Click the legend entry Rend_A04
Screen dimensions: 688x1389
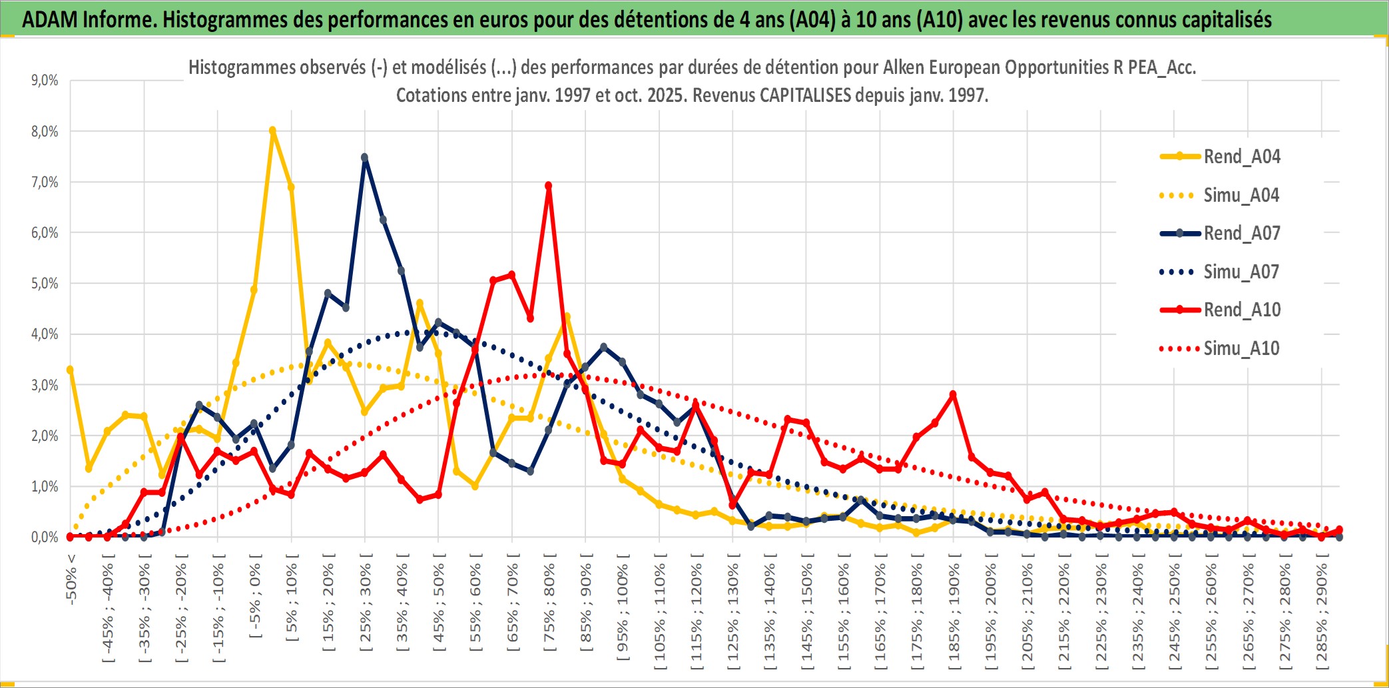pos(1241,157)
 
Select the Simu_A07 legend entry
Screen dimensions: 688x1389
pos(1241,272)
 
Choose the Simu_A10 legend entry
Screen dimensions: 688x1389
pos(1241,348)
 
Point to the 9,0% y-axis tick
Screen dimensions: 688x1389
pos(45,81)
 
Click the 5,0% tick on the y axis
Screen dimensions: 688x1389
pos(45,284)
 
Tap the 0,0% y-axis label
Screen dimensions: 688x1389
pos(45,537)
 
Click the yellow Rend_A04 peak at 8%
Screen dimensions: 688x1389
pos(272,131)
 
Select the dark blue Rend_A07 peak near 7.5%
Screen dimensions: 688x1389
pos(364,158)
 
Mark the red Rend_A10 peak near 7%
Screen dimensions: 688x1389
pos(548,186)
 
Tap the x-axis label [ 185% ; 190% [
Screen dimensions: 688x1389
pos(954,615)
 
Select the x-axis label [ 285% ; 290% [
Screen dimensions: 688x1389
pos(1322,615)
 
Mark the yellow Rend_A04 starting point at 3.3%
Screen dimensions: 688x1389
pos(70,370)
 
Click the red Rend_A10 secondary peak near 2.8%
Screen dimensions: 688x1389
pos(953,394)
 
